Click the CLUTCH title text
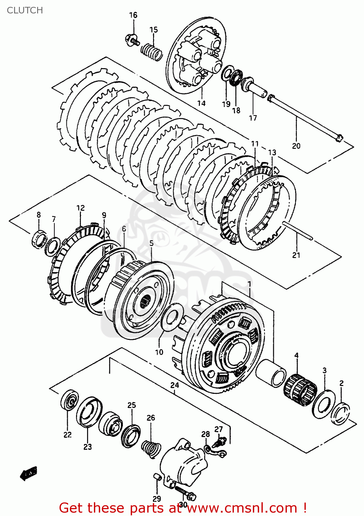(25, 10)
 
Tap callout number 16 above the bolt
(133, 15)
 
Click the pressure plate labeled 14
(196, 57)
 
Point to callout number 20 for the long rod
(296, 146)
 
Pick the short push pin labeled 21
(298, 231)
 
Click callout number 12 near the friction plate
(81, 208)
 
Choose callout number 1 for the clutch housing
(249, 284)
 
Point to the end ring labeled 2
(341, 412)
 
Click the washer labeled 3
(324, 404)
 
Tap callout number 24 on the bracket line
(175, 385)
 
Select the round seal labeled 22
(69, 400)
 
